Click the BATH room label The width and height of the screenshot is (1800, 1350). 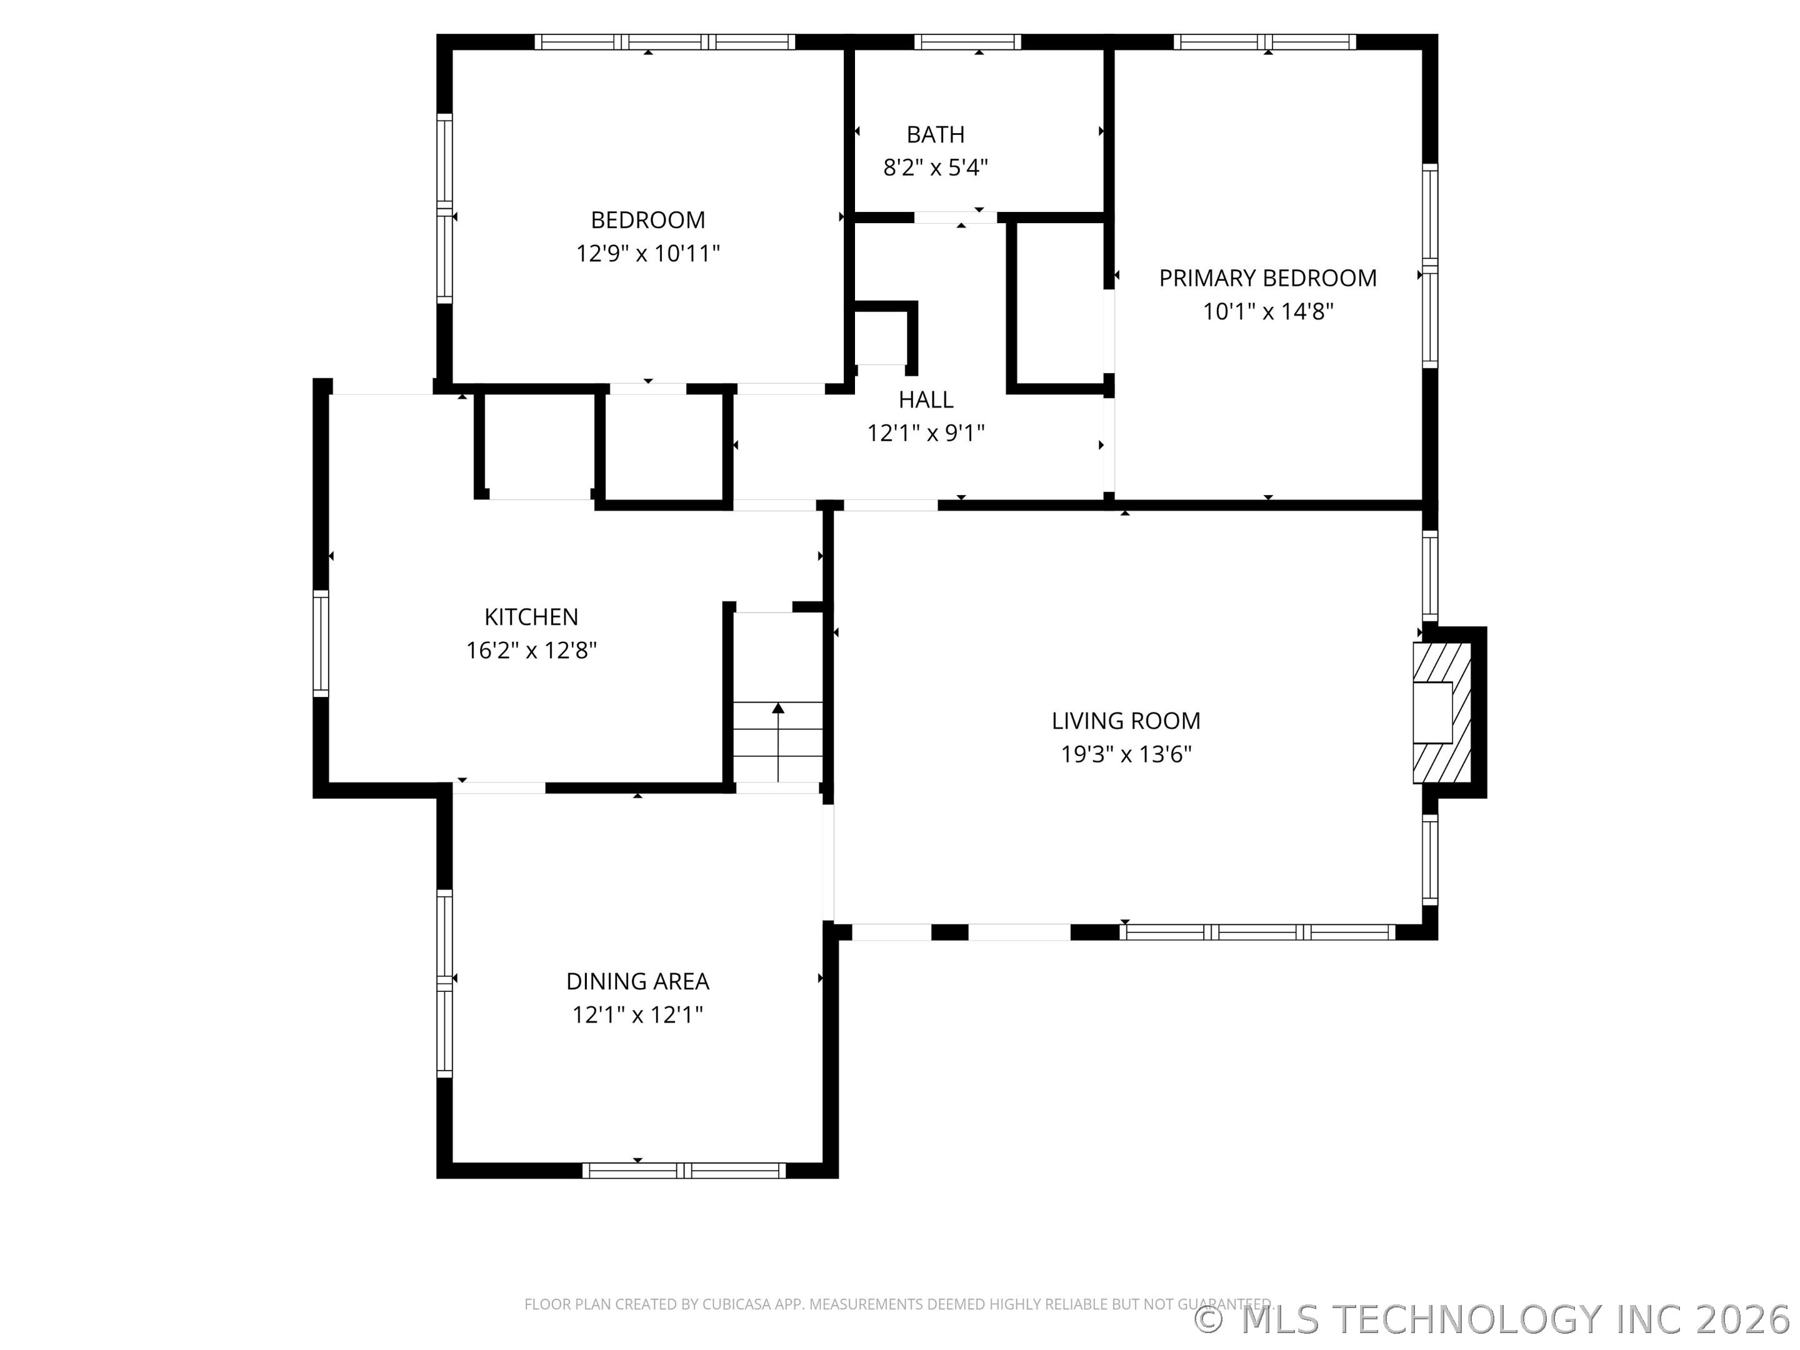tap(935, 134)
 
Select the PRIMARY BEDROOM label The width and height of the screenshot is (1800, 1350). tap(1267, 278)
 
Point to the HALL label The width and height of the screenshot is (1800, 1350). tap(926, 399)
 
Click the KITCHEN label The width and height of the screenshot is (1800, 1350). tap(531, 617)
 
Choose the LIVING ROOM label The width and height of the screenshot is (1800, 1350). tap(1126, 721)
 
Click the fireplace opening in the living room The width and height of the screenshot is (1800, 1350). tap(1432, 712)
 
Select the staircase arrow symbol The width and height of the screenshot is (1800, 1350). tap(779, 741)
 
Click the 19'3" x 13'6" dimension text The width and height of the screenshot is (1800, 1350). tap(1126, 754)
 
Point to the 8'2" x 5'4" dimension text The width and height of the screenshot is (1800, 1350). tap(935, 167)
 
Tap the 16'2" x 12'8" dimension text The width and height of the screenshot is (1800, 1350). tap(531, 650)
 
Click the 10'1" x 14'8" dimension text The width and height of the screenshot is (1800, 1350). tap(1267, 312)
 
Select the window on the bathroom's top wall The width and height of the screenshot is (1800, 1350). tap(967, 41)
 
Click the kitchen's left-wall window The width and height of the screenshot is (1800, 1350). tap(321, 643)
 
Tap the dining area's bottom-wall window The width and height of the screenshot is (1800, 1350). tap(684, 1170)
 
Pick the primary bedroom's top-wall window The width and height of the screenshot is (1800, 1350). tap(1264, 41)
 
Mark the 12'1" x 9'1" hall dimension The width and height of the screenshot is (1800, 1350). tap(926, 433)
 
